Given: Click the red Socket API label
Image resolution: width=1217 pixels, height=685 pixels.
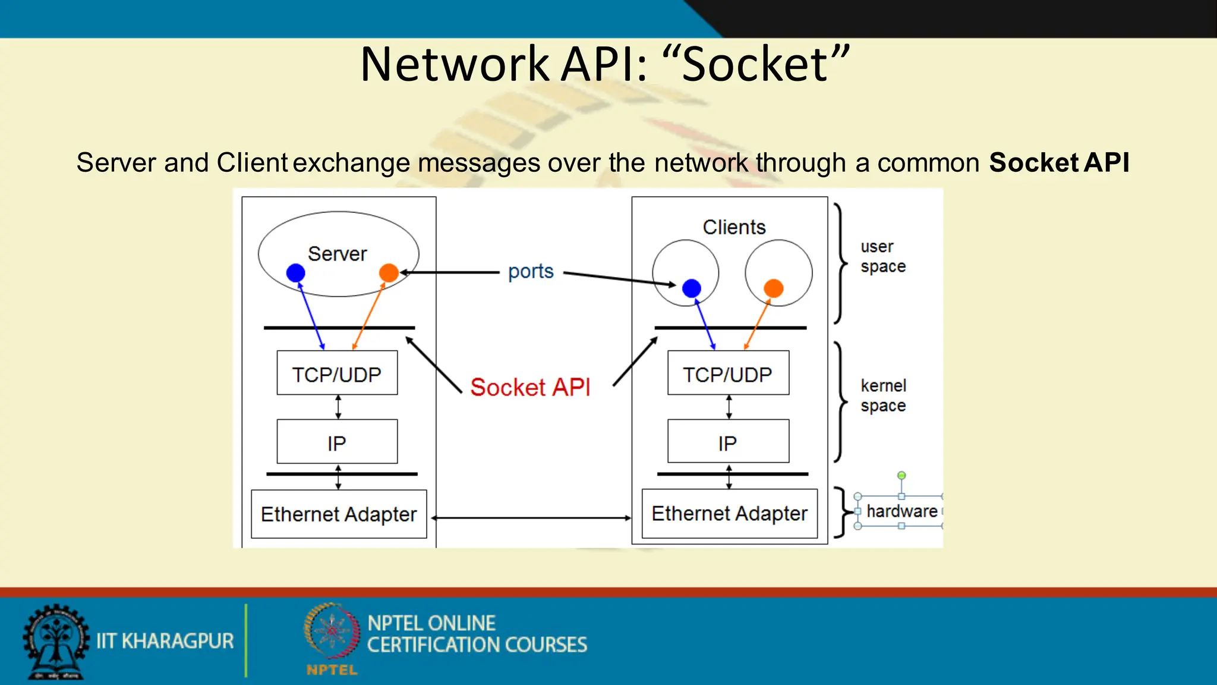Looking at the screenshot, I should [530, 387].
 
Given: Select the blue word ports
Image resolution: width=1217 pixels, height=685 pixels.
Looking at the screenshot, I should [531, 272].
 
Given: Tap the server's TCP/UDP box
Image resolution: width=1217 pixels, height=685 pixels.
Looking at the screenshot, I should [337, 373].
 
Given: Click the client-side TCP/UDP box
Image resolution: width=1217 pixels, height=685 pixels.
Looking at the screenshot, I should [728, 373].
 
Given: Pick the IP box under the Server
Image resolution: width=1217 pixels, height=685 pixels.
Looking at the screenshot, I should [337, 442].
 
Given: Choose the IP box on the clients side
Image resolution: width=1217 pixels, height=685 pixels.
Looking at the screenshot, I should [728, 442].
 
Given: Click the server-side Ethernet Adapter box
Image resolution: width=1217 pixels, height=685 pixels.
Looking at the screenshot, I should [339, 514].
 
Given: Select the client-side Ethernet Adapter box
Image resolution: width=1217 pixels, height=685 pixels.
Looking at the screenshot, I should [729, 514].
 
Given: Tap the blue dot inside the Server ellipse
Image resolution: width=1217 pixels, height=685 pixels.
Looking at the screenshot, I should [295, 273].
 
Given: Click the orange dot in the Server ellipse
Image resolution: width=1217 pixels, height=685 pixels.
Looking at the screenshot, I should [389, 273].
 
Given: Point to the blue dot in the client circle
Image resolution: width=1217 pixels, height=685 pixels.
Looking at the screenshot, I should [691, 288].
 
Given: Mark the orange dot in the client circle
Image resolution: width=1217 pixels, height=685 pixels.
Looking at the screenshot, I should [773, 288].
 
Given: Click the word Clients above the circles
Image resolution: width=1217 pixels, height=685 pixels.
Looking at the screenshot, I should [734, 227].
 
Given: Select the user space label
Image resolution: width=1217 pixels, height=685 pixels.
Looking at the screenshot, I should [882, 256].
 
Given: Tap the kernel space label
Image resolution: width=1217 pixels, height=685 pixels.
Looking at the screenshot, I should [883, 395].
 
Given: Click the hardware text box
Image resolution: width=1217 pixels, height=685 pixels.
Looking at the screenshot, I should [901, 511].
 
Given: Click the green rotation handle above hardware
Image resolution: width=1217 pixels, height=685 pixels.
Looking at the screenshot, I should [901, 475].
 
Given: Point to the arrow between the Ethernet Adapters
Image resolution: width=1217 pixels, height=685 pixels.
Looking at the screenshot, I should [531, 518].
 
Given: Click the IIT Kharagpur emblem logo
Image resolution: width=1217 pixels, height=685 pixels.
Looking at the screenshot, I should [56, 642].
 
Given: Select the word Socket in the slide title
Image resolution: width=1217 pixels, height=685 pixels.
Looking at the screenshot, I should [755, 64].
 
